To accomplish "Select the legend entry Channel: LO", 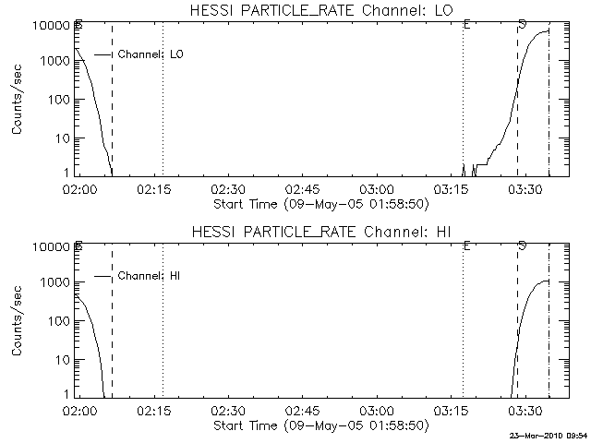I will [x=151, y=54].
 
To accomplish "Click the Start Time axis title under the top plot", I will [x=320, y=203].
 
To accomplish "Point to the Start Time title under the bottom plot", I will [x=320, y=425].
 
